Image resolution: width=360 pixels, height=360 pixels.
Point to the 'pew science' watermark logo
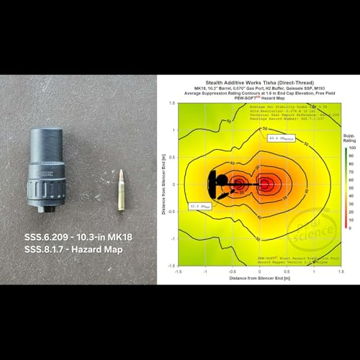(318, 228)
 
